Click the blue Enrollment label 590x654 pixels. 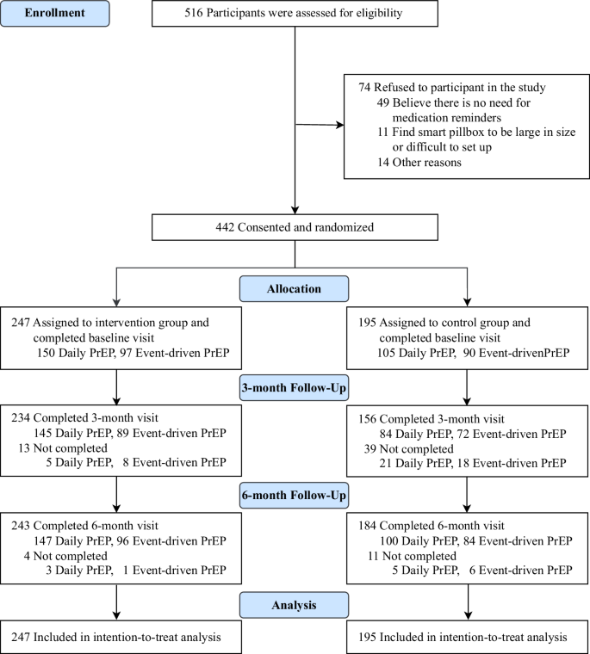(x=55, y=15)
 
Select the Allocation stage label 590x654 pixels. (x=295, y=288)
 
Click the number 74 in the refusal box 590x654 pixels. (x=365, y=87)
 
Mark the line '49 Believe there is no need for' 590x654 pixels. (x=463, y=102)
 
